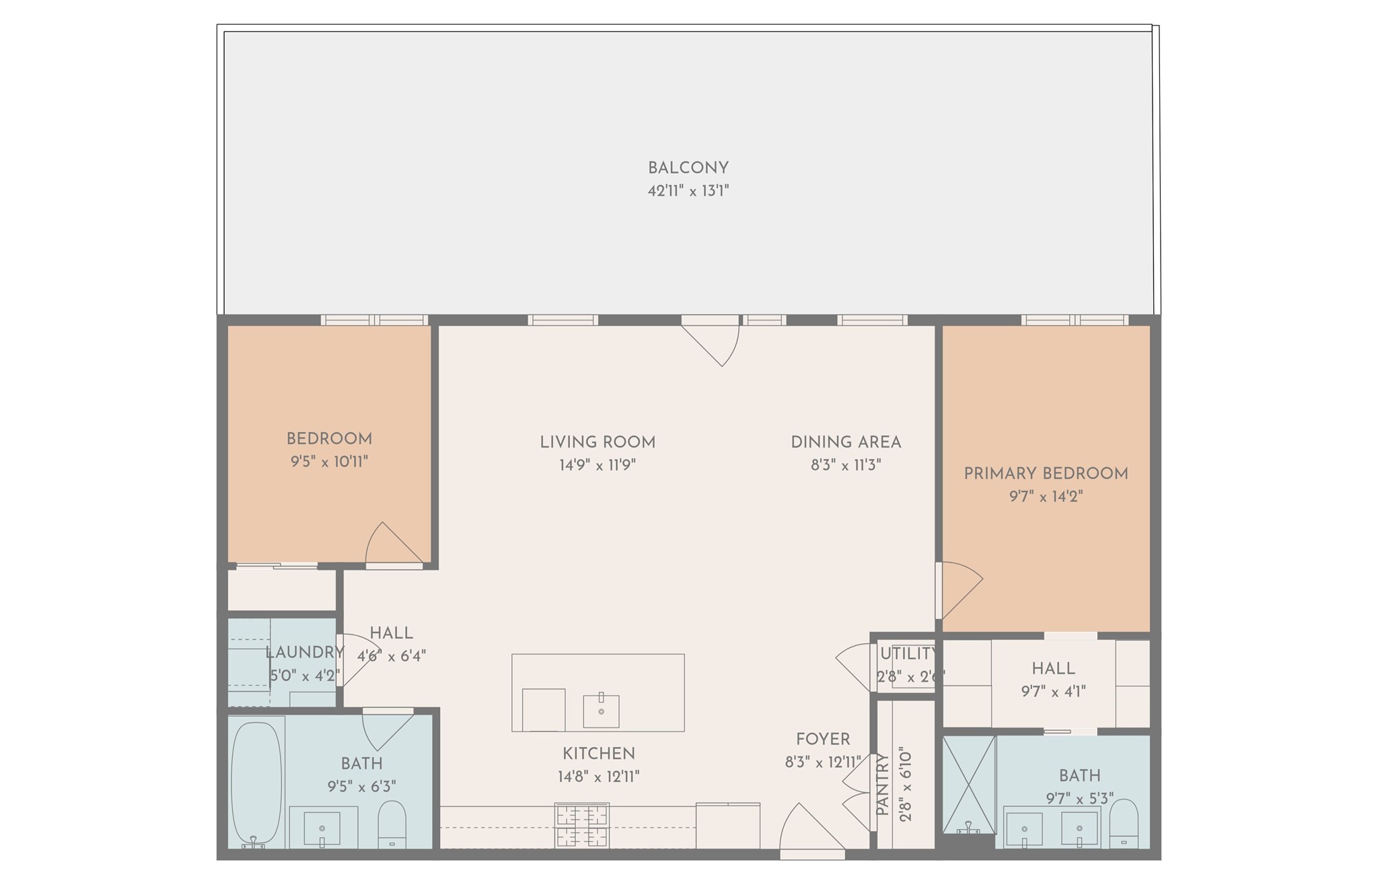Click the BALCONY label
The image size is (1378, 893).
[x=688, y=168]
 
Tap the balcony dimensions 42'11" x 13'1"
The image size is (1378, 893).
[x=688, y=191]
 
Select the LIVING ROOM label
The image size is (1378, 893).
[x=597, y=442]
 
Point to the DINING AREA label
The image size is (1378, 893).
[x=846, y=442]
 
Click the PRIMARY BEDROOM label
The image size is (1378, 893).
[x=1046, y=474]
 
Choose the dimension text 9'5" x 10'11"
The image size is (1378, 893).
[x=329, y=462]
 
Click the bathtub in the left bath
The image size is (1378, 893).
[x=256, y=783]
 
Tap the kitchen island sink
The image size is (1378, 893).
[x=601, y=711]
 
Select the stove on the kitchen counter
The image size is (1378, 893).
[x=582, y=825]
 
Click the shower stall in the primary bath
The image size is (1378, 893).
[x=969, y=784]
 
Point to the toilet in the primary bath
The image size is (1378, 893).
[x=1123, y=825]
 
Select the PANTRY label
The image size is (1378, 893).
[x=883, y=785]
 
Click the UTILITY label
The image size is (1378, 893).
[x=908, y=653]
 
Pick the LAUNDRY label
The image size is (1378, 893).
[x=304, y=652]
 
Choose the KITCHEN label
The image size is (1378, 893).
[x=599, y=754]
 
